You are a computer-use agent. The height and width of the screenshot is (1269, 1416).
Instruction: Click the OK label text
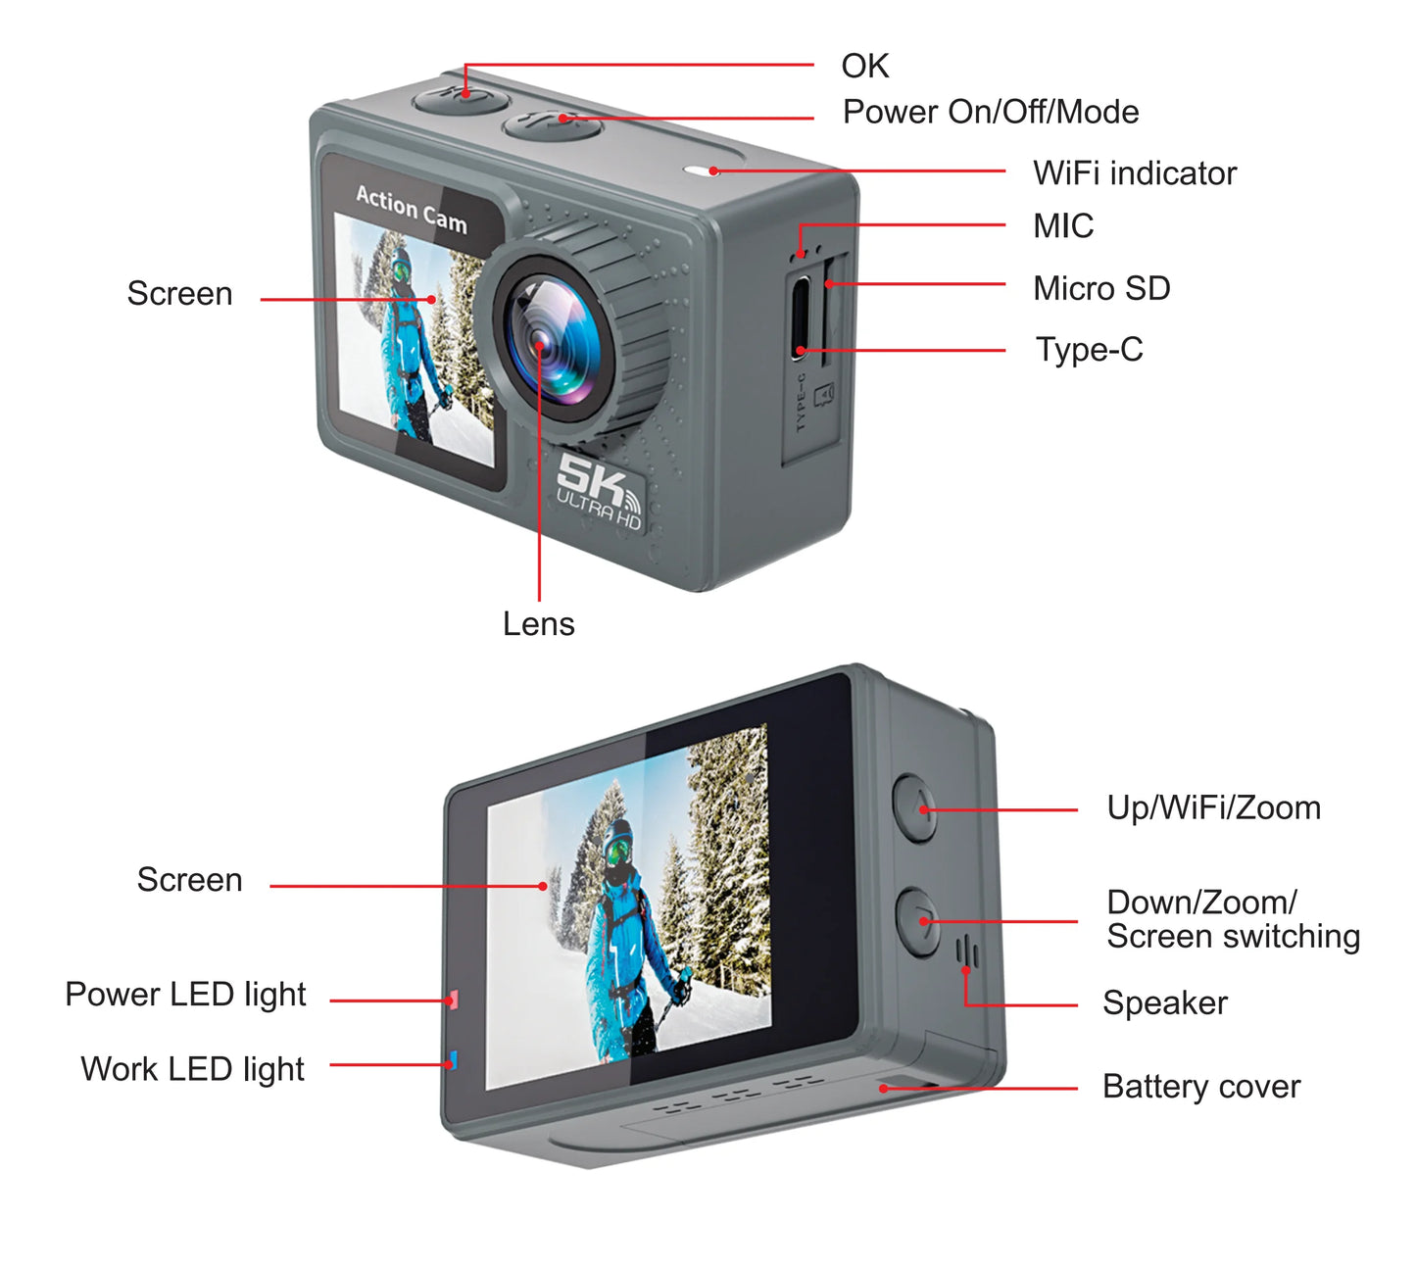click(864, 67)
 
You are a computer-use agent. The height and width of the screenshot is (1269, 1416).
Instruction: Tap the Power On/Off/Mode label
click(990, 113)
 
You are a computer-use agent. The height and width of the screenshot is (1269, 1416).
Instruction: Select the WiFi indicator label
click(1134, 173)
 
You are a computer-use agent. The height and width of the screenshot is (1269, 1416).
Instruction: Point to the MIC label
click(1062, 226)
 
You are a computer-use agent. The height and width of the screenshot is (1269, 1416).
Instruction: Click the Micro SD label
click(1100, 289)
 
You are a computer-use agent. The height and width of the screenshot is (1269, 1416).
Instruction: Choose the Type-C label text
click(1089, 350)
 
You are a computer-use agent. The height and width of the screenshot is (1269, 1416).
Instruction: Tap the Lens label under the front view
click(538, 624)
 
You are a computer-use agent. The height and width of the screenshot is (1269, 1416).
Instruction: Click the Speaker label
click(1164, 1003)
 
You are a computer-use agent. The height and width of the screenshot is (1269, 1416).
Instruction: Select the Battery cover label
click(1200, 1087)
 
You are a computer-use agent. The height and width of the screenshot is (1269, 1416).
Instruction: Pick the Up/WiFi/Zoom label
click(1213, 808)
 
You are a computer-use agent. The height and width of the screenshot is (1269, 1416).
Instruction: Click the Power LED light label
click(185, 995)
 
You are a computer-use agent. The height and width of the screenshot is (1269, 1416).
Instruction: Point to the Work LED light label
click(192, 1069)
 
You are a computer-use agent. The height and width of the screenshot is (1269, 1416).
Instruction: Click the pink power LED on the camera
click(453, 1001)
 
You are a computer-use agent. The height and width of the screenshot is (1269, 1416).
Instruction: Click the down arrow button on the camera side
click(919, 921)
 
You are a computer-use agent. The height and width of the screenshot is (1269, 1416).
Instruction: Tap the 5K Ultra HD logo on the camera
click(598, 489)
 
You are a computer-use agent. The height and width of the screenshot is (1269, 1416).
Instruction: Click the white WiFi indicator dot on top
click(712, 171)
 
